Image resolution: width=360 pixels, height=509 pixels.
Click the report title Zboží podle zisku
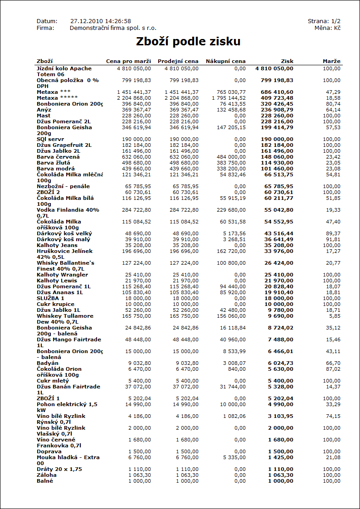coord(188,42)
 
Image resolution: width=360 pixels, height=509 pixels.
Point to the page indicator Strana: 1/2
coord(324,21)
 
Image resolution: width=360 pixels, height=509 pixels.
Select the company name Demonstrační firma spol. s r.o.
coord(113,28)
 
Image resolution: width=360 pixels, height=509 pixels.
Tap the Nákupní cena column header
coord(225,61)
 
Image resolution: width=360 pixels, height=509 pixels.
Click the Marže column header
coord(331,61)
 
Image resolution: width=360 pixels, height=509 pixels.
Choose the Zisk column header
coord(287,61)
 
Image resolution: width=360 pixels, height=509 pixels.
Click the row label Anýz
coord(44,110)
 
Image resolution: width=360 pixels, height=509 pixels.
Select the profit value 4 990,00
coord(280,404)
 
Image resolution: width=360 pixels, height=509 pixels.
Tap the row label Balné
coord(45,481)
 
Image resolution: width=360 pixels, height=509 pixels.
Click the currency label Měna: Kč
coord(327,28)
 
